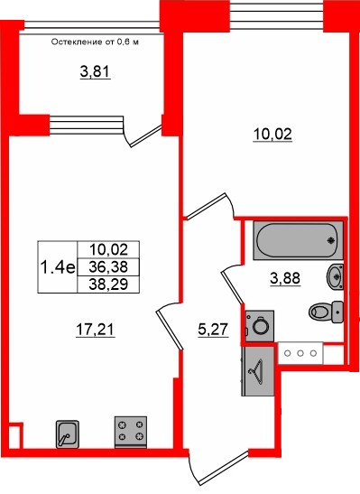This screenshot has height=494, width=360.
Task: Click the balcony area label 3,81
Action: point(95,72)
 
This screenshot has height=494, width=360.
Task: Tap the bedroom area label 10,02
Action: point(272,135)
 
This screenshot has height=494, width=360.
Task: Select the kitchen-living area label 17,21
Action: point(96,330)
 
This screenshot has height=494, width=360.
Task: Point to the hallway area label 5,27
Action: point(213,331)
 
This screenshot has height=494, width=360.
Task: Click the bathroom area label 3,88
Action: point(285,278)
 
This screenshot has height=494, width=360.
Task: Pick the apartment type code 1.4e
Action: point(58,268)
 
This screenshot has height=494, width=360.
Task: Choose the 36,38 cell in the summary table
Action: point(108,267)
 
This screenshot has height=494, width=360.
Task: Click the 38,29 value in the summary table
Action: point(108,284)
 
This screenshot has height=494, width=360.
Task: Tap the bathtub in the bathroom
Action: point(298,241)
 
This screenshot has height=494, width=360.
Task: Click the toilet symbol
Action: point(326,312)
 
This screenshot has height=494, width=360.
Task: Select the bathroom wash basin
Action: point(336,276)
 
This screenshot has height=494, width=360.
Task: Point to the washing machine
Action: point(260,326)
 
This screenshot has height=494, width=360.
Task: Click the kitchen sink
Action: point(68,433)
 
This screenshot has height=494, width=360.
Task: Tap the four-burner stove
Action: point(131,432)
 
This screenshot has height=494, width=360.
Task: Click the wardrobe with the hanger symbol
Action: point(257,371)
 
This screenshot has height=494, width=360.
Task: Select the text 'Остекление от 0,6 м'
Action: point(95,42)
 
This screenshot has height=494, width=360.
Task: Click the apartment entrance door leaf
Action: point(223,469)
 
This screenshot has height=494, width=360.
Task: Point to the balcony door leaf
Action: point(146,136)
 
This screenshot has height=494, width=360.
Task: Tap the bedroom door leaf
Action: point(206,206)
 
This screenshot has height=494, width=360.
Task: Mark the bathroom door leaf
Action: point(232,288)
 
